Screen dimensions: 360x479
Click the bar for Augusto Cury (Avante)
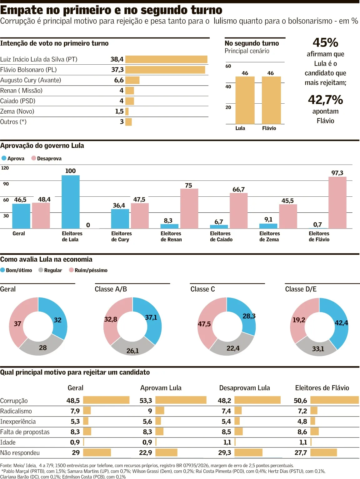coord(132,80)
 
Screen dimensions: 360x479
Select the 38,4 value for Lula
coord(117,59)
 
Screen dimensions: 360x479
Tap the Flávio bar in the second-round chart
coord(271,100)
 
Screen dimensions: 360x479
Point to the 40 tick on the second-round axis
coord(228,86)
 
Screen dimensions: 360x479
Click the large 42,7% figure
coord(325,100)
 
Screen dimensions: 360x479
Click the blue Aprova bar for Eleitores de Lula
coord(71,202)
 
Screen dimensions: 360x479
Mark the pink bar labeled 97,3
coord(337,203)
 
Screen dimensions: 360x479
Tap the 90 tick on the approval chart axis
coord(6,184)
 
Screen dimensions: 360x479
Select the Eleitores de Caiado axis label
coord(221,236)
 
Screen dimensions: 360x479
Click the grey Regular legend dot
coord(41,270)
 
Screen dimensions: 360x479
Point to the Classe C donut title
coord(202,289)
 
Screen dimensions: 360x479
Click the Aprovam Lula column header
coord(161,388)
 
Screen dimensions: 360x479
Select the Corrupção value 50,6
coord(300,400)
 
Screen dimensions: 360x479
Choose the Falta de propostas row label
coord(25,432)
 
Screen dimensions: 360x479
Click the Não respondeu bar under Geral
coord(97,452)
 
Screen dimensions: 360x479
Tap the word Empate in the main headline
coord(21,10)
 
